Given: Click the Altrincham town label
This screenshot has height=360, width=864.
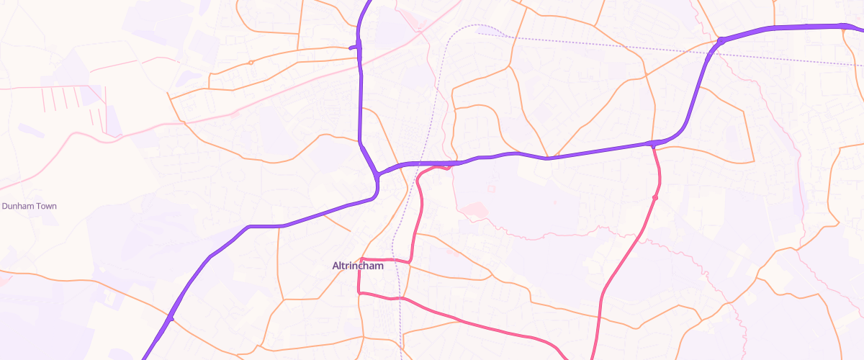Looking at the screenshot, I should click(358, 266).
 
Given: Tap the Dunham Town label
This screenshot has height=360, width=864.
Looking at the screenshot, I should click(29, 206).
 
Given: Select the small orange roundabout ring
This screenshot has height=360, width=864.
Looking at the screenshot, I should click(251, 63).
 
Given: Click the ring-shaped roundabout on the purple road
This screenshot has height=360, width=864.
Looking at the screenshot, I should click(720, 41).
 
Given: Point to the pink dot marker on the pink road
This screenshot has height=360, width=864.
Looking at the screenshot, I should click(655, 197).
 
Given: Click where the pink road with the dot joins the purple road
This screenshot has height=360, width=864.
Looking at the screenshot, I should click(652, 144).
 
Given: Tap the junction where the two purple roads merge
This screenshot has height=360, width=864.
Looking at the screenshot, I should click(377, 175).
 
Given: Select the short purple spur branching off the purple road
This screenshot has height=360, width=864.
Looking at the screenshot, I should click(354, 48).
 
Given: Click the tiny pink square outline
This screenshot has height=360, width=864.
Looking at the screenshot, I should click(492, 189).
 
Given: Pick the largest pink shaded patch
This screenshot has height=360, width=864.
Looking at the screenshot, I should click(474, 210).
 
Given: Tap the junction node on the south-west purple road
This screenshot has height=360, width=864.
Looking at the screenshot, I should click(171, 318).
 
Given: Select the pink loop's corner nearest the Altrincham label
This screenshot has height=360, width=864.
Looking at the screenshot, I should click(360, 258).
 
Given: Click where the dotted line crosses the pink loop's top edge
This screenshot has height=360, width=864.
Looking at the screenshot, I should click(395, 259).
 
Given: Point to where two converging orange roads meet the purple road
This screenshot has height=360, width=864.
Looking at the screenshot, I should click(548, 158).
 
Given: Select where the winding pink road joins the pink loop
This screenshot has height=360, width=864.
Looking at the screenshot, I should click(410, 261).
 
